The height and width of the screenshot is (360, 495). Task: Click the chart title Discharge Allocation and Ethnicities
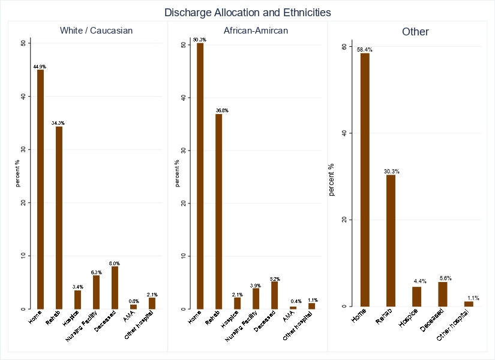click(x=247, y=12)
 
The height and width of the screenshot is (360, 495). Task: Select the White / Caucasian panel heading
click(x=96, y=30)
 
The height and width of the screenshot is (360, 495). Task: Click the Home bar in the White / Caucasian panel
click(x=40, y=189)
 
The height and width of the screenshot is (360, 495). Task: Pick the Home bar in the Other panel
click(x=365, y=179)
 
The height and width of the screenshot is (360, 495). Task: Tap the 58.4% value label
click(x=364, y=49)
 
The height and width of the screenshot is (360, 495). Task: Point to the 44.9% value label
click(x=40, y=66)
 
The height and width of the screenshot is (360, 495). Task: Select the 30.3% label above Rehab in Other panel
click(x=391, y=171)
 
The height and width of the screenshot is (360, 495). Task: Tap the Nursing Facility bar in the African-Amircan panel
click(x=256, y=299)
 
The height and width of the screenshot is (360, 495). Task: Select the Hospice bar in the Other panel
click(x=416, y=296)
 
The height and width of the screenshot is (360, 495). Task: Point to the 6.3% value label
click(x=96, y=272)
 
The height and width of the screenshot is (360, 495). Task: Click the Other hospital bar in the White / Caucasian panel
click(x=152, y=303)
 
